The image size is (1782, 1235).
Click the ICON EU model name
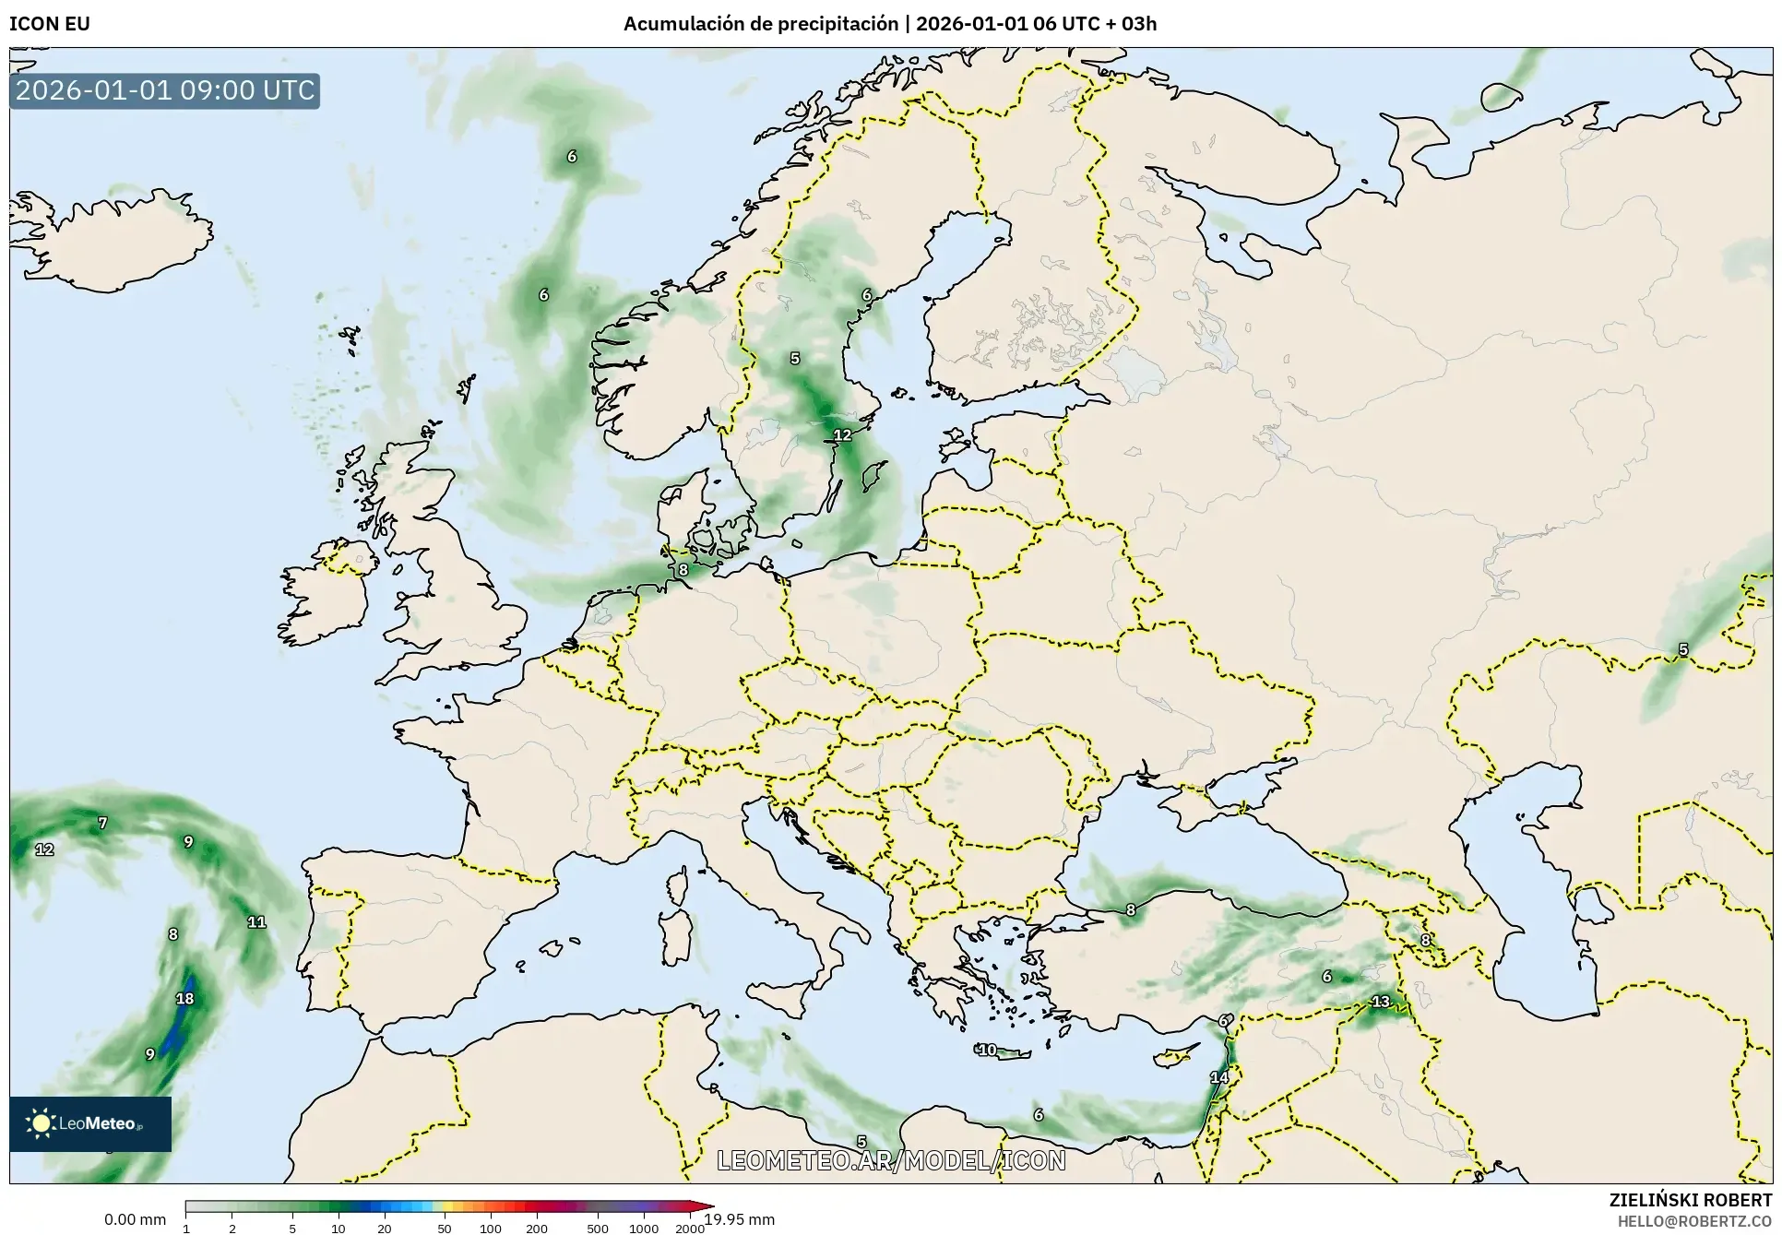(50, 24)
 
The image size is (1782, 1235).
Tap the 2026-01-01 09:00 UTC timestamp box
(165, 91)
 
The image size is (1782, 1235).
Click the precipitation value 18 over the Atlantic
(184, 999)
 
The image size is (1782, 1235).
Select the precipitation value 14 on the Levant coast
(1219, 1077)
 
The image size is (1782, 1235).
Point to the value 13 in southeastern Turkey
(1381, 1002)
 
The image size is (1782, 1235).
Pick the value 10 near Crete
(988, 1050)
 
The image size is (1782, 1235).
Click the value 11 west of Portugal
(256, 921)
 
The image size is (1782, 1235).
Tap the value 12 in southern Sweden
(843, 435)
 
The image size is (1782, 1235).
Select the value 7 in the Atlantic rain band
(102, 823)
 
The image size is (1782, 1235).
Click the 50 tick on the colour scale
(445, 1228)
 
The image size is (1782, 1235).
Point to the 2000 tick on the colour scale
(690, 1228)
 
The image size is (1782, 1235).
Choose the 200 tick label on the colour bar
(537, 1228)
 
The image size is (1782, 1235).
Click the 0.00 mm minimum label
(135, 1219)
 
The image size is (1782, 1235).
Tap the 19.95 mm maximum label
(740, 1219)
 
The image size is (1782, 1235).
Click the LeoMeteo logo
(89, 1123)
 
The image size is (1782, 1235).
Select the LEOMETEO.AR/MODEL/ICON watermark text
(891, 1160)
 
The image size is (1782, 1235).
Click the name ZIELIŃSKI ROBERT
(1690, 1200)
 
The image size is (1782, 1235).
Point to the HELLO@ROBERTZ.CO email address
(1694, 1220)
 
